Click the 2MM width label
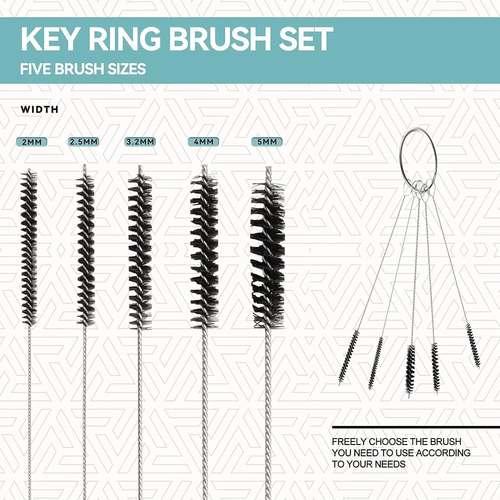32,142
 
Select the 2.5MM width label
84,142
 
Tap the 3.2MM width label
140,142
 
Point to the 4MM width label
203,142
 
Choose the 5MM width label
267,142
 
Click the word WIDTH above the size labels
39,109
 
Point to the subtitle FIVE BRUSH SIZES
83,69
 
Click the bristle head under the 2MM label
29,247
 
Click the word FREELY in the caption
349,442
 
